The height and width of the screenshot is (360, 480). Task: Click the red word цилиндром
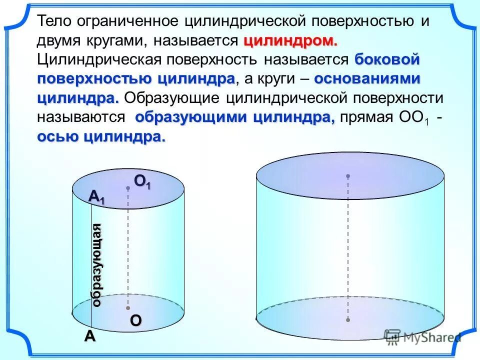[291, 40]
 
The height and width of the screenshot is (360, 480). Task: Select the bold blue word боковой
[387, 59]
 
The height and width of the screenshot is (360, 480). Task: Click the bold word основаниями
[367, 78]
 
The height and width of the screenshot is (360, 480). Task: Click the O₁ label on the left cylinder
[142, 183]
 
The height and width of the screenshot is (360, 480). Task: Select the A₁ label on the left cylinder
[97, 198]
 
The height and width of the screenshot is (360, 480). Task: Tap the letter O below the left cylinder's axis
[136, 321]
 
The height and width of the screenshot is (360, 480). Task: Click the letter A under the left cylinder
[89, 336]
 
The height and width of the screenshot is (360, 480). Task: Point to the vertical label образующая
[97, 265]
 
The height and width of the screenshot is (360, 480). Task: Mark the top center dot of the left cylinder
[128, 188]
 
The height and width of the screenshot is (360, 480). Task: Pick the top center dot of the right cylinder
[348, 176]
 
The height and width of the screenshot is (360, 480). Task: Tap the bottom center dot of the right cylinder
[348, 319]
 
